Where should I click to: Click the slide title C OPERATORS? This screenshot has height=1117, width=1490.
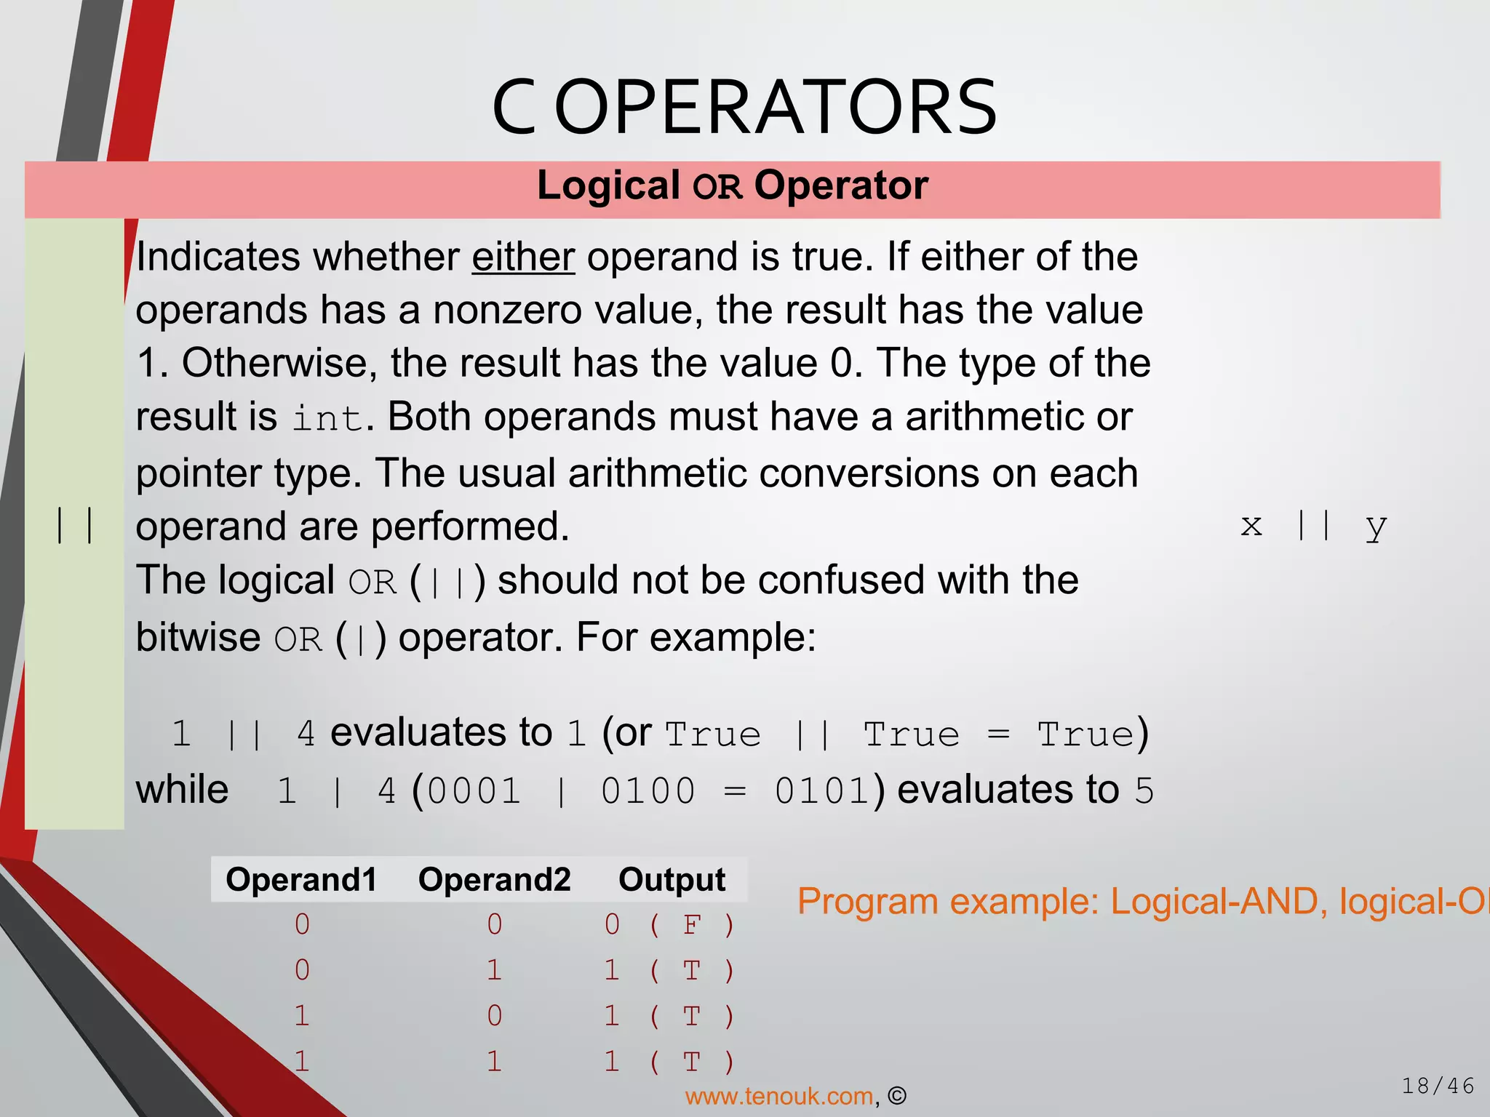click(x=744, y=108)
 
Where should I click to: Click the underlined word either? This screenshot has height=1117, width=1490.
click(x=523, y=257)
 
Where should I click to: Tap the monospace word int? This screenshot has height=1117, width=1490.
click(x=327, y=418)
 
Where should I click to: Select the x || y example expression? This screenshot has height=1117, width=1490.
click(x=1313, y=525)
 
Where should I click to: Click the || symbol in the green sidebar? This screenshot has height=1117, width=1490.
click(x=74, y=525)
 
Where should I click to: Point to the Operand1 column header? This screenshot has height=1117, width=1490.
click(x=301, y=880)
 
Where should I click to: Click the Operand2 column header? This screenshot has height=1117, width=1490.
click(x=494, y=880)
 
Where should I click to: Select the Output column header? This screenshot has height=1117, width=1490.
click(x=672, y=880)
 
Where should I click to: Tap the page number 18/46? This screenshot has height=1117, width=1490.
click(x=1437, y=1086)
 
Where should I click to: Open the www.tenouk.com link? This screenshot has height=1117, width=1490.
click(x=779, y=1097)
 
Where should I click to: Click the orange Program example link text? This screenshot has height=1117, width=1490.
click(x=1142, y=902)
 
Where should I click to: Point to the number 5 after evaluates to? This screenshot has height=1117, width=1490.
click(x=1144, y=791)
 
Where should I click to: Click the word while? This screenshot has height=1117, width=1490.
click(x=182, y=790)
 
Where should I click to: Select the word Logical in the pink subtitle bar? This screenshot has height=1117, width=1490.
click(x=608, y=185)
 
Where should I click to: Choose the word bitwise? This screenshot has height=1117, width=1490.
click(x=198, y=638)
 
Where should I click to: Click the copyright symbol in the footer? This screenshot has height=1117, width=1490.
click(x=897, y=1096)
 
